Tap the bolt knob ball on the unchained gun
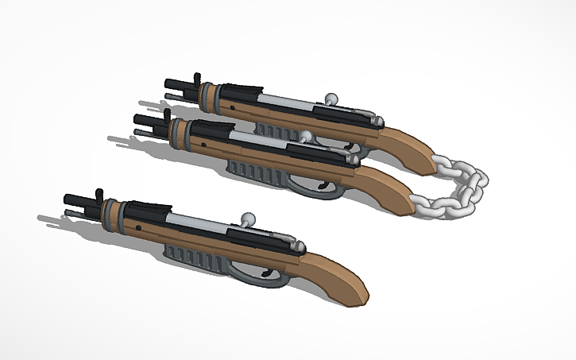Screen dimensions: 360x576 click(249, 216)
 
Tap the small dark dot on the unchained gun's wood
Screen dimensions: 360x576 click(139, 227)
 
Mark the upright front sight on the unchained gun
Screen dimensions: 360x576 click(99, 195)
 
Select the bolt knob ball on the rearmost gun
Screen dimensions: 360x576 click(331, 99)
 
